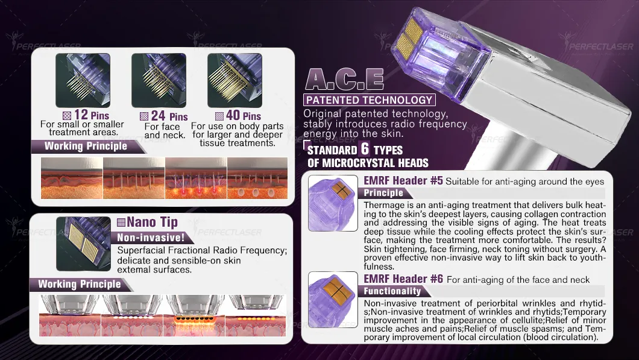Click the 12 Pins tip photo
(83, 80)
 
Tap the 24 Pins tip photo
(159, 80)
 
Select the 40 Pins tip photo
(235, 80)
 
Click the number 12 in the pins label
(81, 115)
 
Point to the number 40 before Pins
(233, 115)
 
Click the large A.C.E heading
(344, 79)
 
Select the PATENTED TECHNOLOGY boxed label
(369, 100)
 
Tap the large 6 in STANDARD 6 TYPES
(365, 149)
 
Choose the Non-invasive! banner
(151, 237)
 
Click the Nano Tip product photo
(84, 244)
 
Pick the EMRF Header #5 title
(403, 181)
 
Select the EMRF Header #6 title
(403, 279)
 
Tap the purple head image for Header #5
(333, 203)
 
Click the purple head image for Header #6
(333, 300)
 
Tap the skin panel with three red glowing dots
(196, 178)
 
